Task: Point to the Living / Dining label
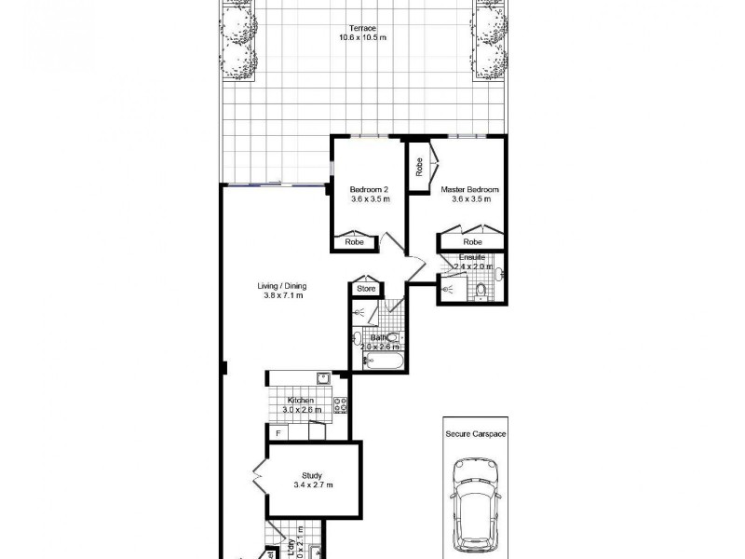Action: pos(282,286)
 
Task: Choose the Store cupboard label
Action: pos(365,290)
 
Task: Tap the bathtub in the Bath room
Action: pos(377,360)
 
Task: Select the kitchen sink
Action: pos(321,377)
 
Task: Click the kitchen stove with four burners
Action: pos(341,405)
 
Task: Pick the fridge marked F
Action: pos(277,432)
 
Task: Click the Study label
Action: pos(312,475)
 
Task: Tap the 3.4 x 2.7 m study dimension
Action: pos(312,485)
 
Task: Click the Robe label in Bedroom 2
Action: pos(354,241)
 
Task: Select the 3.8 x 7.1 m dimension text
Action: pos(282,296)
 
